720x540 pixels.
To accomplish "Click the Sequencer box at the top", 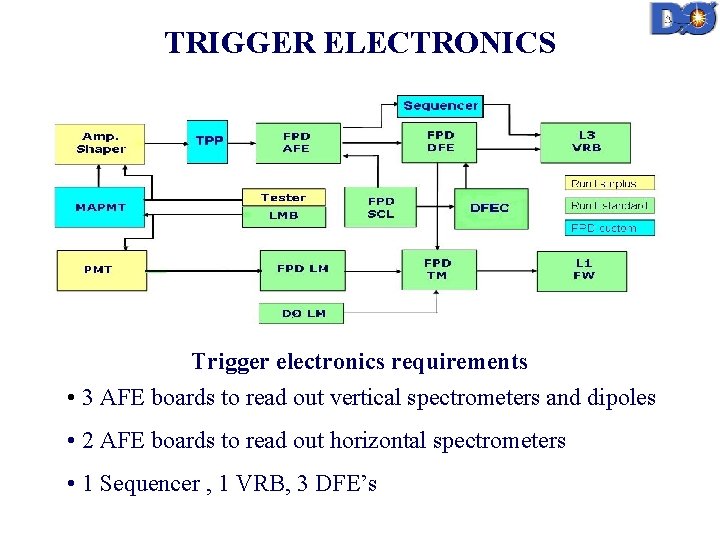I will click(440, 105).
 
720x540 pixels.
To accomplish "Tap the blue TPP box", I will click(209, 141).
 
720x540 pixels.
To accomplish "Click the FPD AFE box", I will click(297, 142).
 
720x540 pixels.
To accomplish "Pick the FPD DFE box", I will click(440, 142).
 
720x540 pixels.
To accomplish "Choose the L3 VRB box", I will click(585, 142).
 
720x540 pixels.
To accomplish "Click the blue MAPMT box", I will click(101, 207).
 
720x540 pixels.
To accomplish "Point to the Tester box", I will click(284, 197).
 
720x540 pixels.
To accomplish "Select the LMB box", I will click(284, 215).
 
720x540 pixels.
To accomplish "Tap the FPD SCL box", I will click(381, 207).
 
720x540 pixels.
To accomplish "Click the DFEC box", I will click(489, 208).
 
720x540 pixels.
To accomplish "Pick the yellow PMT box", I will click(101, 269).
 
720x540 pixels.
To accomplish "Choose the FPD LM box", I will click(302, 268).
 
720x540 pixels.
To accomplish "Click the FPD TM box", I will click(438, 269).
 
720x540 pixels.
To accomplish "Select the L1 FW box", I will click(584, 269).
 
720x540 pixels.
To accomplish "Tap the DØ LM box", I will click(302, 313).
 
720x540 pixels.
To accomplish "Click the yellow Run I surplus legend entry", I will click(610, 183).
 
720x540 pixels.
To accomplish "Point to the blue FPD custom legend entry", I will click(610, 228).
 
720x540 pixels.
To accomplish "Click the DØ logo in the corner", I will click(682, 19).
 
